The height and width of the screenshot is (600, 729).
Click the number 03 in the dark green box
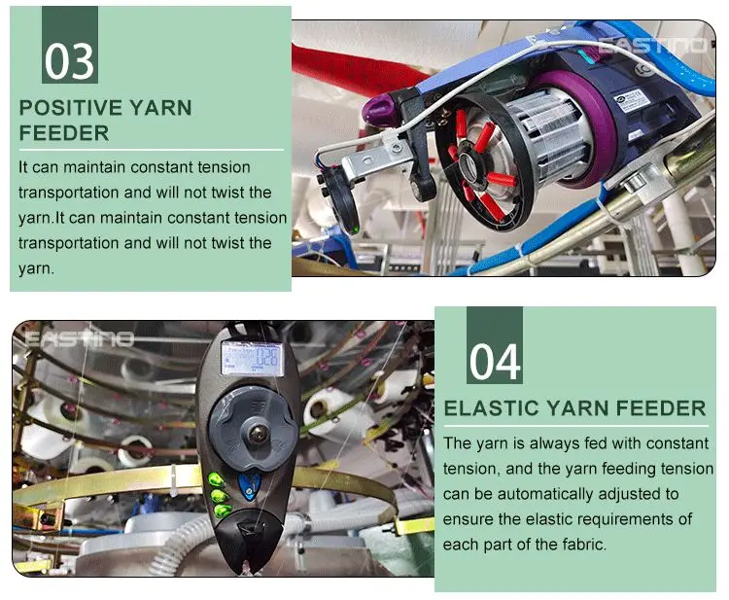tap(69, 59)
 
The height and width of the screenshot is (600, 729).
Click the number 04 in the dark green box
tap(494, 361)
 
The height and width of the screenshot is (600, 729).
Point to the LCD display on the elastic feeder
tap(248, 357)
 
